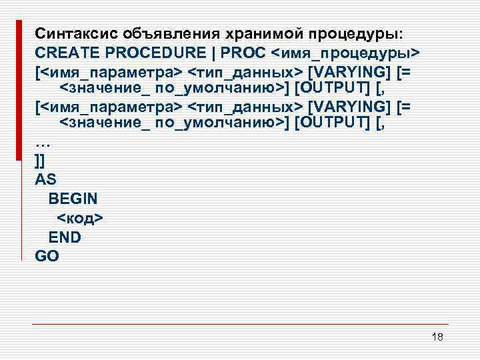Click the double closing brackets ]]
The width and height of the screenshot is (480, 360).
pyautogui.click(x=39, y=161)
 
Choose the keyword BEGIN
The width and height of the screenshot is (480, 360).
pyautogui.click(x=73, y=199)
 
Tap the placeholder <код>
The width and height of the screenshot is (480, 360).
pyautogui.click(x=81, y=217)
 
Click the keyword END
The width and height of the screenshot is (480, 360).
pyautogui.click(x=65, y=237)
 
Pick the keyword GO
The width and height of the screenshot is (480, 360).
pyautogui.click(x=47, y=255)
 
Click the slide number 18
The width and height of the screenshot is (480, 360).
pyautogui.click(x=437, y=337)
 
